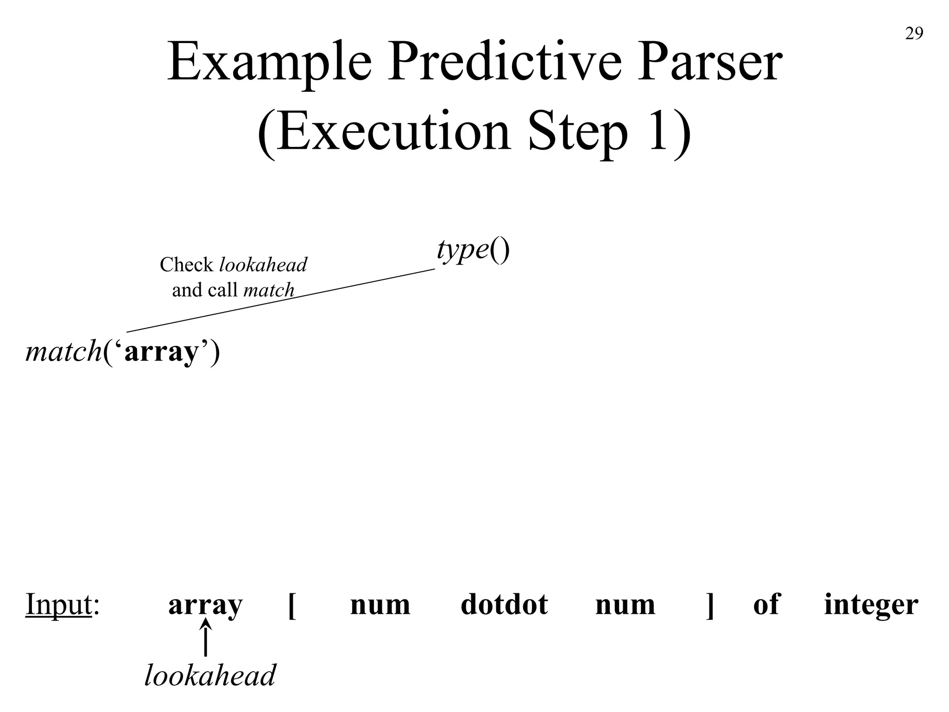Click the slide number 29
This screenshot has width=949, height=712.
914,34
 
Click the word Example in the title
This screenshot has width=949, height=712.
269,62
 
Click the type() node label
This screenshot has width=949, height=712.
473,250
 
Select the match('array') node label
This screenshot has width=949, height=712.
123,352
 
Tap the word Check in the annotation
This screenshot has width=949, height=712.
186,265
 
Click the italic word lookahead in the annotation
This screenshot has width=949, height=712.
263,265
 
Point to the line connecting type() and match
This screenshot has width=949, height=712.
281,300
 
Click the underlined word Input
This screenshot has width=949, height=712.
58,604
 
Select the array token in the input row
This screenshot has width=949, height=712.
205,604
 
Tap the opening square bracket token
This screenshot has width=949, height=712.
292,604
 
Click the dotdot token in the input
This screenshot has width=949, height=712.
504,604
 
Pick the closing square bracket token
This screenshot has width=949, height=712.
709,604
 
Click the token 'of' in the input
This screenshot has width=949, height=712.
766,604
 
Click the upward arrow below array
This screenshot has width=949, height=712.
205,639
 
